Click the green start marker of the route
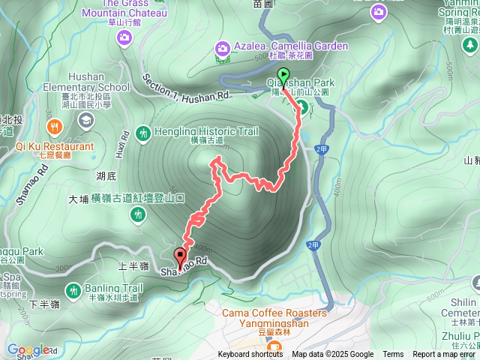pos(283,75)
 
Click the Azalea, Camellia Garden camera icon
pos(222,48)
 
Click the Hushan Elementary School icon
pos(86,119)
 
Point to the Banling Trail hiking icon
pos(73,290)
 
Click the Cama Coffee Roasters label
pos(274,313)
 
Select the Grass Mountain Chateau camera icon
pos(124,35)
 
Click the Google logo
pos(28,349)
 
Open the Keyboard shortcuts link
pos(250,355)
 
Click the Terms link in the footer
pos(393,355)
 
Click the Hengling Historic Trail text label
pos(206,132)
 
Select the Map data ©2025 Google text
pos(332,355)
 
